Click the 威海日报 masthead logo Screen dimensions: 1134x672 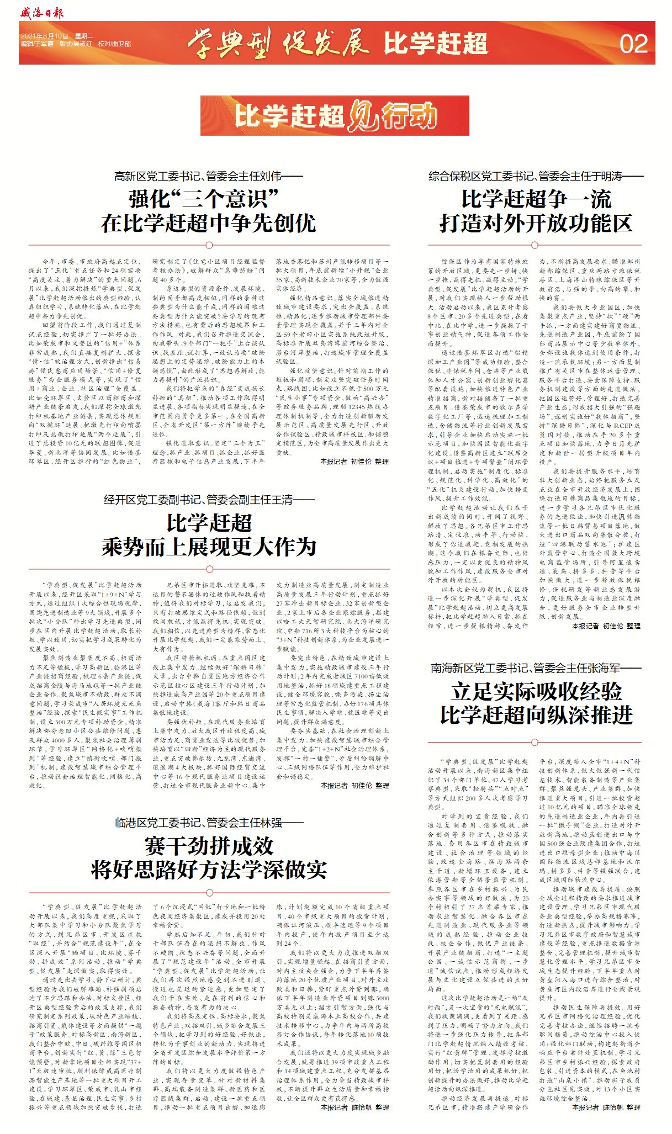(42, 12)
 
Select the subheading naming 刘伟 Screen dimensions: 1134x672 (208, 177)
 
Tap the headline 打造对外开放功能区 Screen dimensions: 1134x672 (536, 224)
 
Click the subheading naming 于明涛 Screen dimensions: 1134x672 (536, 177)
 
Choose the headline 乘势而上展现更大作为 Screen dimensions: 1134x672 (208, 547)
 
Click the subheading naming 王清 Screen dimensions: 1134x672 (208, 500)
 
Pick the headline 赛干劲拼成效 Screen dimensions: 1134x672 (208, 845)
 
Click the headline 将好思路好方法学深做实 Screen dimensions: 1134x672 (208, 870)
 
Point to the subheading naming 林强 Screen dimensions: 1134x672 (208, 823)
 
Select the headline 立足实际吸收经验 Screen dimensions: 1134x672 (536, 691)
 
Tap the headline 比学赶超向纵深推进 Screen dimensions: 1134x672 (536, 716)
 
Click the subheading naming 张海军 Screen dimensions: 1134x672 (536, 669)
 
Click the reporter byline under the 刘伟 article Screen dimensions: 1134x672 (354, 462)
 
